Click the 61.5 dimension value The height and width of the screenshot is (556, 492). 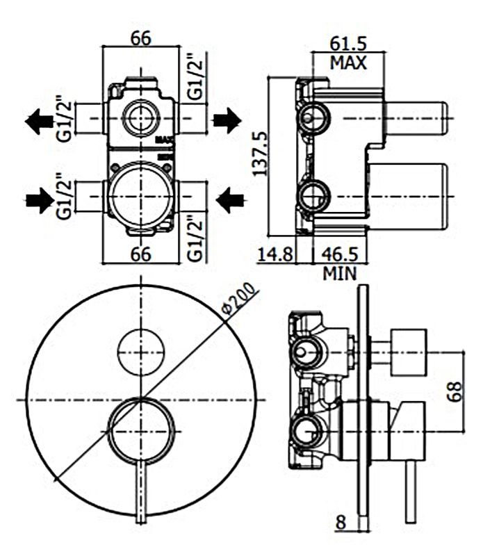(347, 42)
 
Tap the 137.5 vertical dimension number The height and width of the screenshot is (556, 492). (260, 153)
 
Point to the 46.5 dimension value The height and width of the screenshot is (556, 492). (339, 254)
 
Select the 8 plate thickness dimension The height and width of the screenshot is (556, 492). (340, 523)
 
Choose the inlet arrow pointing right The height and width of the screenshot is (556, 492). (38, 202)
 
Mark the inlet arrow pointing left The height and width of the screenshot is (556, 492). (230, 202)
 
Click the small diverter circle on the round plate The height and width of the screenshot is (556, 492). (141, 351)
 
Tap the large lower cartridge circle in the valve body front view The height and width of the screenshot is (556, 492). (141, 197)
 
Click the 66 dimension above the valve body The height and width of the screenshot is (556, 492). (141, 38)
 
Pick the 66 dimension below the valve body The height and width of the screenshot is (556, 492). (141, 254)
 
